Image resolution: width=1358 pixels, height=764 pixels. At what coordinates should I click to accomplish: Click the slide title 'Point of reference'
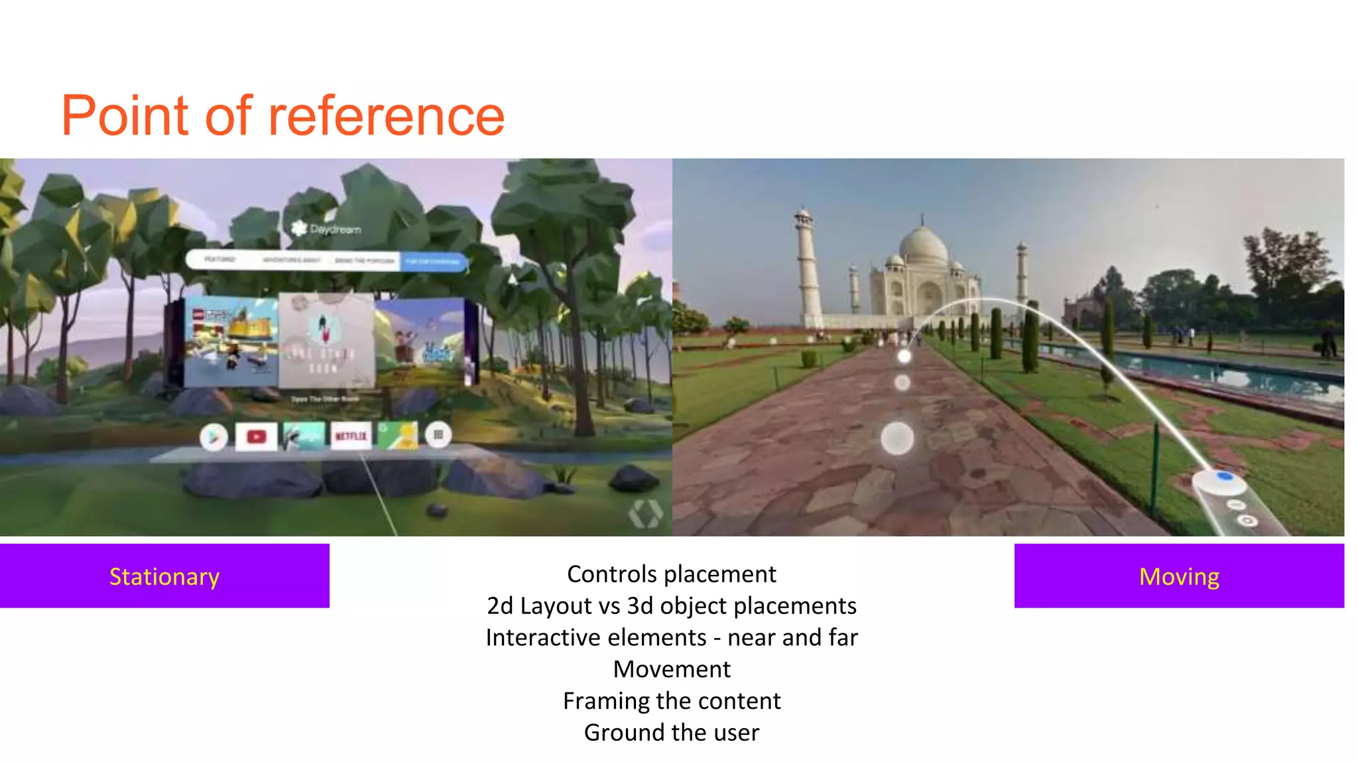click(283, 116)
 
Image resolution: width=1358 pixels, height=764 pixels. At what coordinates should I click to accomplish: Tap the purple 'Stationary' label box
click(164, 576)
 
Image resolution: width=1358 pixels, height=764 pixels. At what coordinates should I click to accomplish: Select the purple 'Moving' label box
click(1179, 576)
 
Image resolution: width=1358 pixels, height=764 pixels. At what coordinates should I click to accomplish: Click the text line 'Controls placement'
click(671, 574)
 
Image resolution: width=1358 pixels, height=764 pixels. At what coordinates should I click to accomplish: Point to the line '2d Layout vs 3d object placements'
click(671, 606)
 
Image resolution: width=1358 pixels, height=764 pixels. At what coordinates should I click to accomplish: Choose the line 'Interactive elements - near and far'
click(671, 638)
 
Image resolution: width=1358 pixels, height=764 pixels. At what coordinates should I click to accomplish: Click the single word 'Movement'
click(671, 669)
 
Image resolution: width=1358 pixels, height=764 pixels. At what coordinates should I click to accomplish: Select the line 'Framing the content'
click(671, 701)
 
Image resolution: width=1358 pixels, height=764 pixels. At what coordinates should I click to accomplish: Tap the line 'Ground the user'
click(671, 733)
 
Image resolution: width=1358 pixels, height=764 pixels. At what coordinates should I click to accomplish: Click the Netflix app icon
click(351, 436)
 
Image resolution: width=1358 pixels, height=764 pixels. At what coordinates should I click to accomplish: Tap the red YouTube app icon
click(256, 436)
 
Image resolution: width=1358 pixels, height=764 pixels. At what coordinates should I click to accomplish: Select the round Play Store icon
click(214, 436)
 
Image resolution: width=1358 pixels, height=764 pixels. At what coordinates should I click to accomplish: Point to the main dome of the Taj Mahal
click(923, 244)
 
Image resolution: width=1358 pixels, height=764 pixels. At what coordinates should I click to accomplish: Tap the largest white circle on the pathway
click(897, 438)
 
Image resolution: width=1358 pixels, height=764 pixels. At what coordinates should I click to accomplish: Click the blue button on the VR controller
click(1224, 476)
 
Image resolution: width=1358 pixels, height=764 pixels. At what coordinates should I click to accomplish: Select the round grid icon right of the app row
click(438, 435)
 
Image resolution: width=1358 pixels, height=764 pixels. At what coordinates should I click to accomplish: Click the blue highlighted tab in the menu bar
click(433, 261)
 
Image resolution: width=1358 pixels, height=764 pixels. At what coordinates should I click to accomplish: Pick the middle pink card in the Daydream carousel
click(326, 340)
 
